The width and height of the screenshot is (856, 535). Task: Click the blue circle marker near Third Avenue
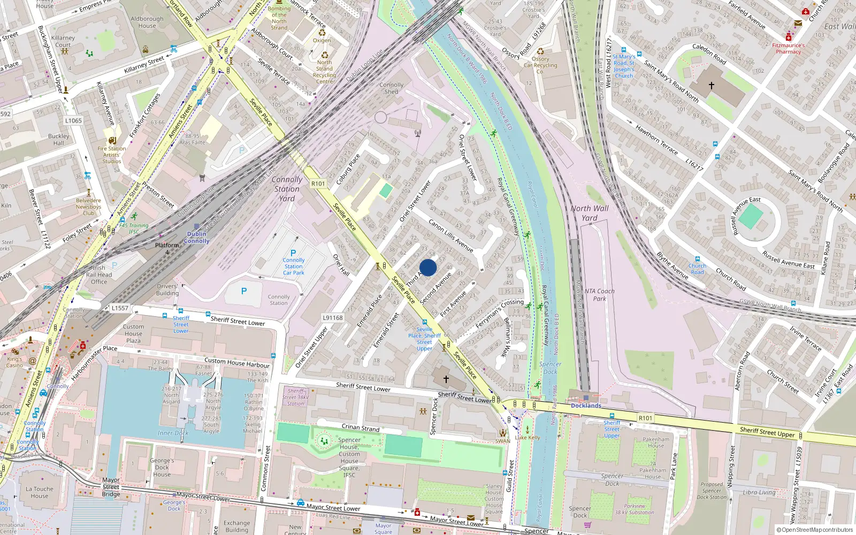(428, 267)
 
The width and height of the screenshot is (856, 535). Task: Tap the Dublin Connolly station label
(197, 238)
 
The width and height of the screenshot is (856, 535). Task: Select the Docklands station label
(586, 406)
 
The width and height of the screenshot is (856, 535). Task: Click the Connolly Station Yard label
(287, 189)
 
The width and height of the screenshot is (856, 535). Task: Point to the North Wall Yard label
(589, 213)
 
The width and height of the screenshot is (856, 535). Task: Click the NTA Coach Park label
(599, 295)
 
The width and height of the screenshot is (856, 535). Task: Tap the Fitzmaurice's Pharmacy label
(788, 49)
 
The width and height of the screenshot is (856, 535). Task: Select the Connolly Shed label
(392, 88)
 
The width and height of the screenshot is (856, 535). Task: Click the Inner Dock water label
(173, 433)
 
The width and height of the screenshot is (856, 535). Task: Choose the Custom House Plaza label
(133, 333)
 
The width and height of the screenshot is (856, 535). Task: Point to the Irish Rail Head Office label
(99, 274)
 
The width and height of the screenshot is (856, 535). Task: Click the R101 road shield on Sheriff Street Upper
(645, 418)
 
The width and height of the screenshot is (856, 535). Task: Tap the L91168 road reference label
(332, 318)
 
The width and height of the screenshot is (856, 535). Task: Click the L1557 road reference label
(120, 308)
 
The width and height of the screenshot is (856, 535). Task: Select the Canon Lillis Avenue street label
(450, 236)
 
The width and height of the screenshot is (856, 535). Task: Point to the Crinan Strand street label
(361, 427)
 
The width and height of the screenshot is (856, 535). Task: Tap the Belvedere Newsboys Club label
(88, 207)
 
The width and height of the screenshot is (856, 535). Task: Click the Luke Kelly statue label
(528, 437)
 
